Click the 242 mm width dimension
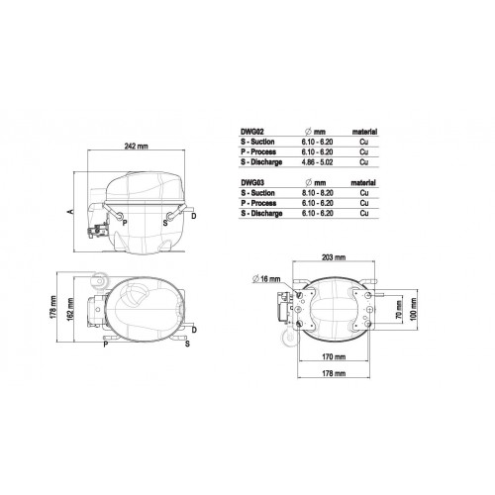pos(136,146)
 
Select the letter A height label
pos(70,211)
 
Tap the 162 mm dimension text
pos(70,308)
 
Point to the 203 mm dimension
pos(334,257)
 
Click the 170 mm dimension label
pos(334,356)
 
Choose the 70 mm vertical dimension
pos(399,310)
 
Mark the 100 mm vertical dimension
pos(413,309)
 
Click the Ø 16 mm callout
pos(266,279)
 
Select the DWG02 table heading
pos(252,132)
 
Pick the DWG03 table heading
pos(252,182)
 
